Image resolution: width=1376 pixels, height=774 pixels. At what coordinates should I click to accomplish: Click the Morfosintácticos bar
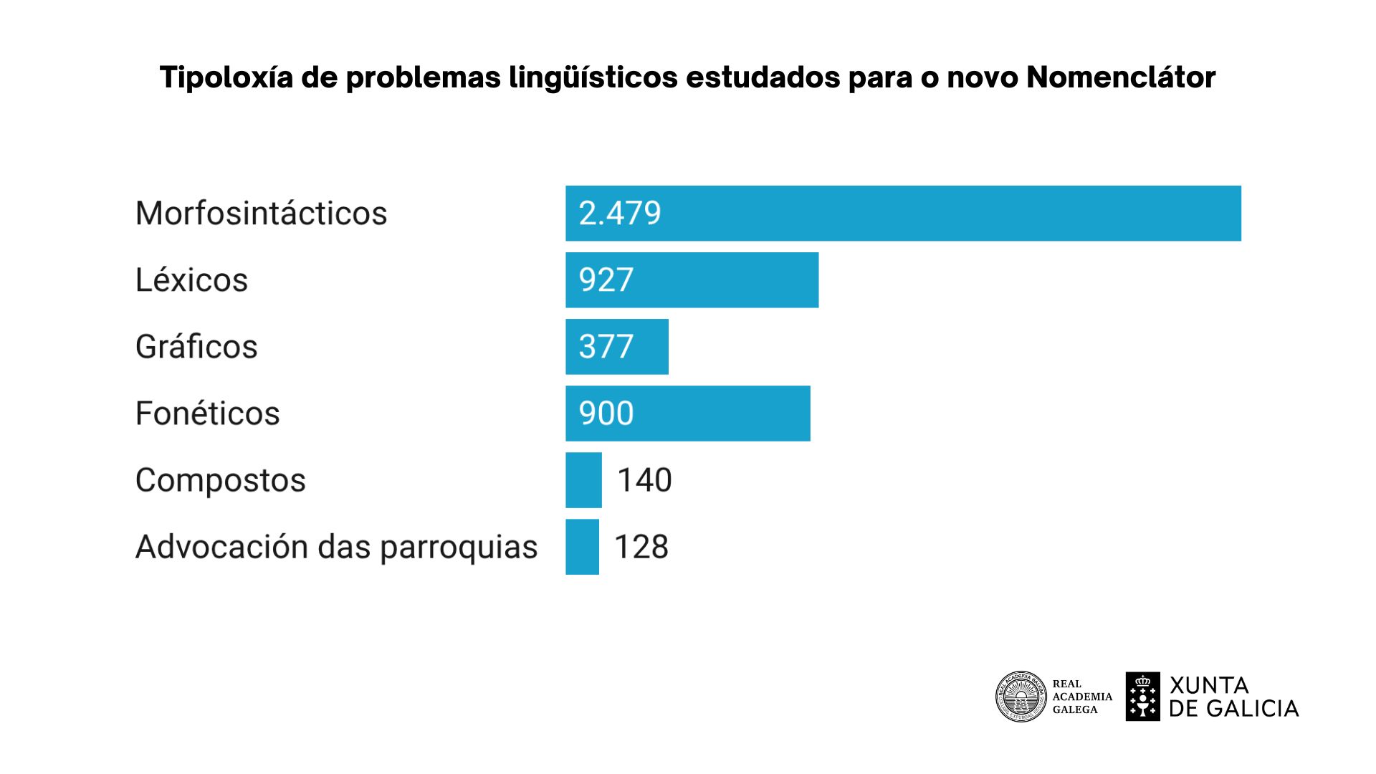point(903,214)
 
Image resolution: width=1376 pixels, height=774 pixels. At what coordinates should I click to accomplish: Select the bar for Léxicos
point(717,280)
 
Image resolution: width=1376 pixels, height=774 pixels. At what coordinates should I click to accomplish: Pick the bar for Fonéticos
point(717,414)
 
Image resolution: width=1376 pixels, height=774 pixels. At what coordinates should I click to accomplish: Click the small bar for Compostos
point(583,480)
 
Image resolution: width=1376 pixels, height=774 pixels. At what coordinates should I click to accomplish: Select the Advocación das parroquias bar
point(582,547)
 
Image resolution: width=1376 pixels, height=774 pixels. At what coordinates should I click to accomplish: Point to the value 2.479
point(620,214)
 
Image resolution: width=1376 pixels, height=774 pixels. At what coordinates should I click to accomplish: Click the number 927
point(606,280)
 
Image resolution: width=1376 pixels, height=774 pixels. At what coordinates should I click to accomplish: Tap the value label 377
point(606,347)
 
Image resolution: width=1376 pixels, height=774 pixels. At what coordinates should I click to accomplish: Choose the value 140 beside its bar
point(644,480)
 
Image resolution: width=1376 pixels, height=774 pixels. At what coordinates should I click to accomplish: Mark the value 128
point(641,547)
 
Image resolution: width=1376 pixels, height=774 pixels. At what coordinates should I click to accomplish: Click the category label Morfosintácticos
point(261,214)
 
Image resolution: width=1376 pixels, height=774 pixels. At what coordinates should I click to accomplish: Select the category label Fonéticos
point(207,414)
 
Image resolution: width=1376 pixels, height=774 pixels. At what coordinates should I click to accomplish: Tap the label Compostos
point(220,480)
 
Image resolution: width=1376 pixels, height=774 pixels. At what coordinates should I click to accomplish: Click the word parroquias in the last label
point(458,548)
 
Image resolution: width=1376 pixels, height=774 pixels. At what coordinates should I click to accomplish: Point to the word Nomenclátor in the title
point(1121,77)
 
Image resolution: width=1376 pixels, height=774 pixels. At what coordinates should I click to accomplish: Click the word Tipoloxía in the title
point(226,77)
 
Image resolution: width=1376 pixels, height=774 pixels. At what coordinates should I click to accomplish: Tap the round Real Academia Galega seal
point(1021,697)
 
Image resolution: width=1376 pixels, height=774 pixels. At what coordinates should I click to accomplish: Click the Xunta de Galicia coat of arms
point(1142,697)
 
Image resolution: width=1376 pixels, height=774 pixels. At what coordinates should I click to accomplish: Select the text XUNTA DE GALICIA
point(1233,697)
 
